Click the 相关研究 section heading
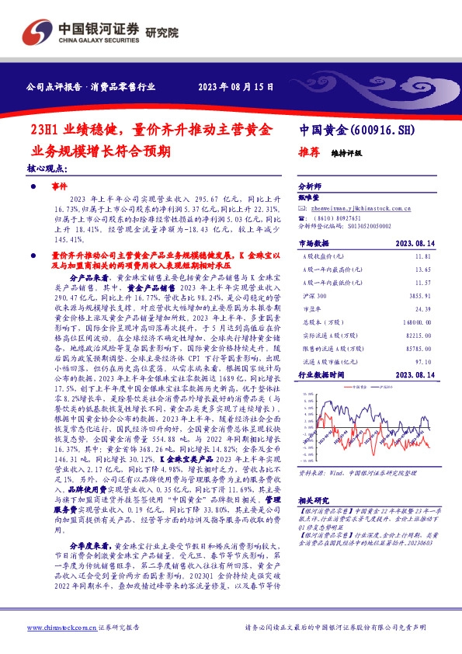(312, 502)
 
